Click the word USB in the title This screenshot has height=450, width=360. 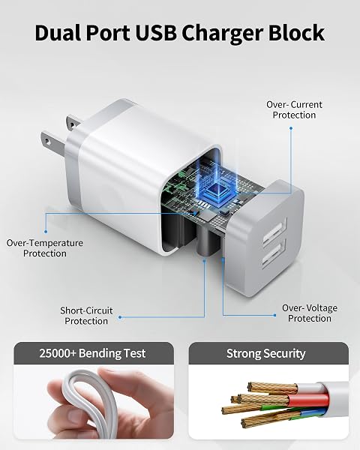156,33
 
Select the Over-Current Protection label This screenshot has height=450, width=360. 294,109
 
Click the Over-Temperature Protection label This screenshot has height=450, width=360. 45,248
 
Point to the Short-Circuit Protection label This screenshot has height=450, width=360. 86,316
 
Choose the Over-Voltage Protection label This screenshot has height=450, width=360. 310,313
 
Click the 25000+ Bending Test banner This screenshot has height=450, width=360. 92,353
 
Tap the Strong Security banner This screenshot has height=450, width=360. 265,353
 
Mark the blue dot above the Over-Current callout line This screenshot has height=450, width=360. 291,128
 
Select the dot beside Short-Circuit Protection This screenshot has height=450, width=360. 120,317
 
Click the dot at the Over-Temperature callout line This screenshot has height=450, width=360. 45,231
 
